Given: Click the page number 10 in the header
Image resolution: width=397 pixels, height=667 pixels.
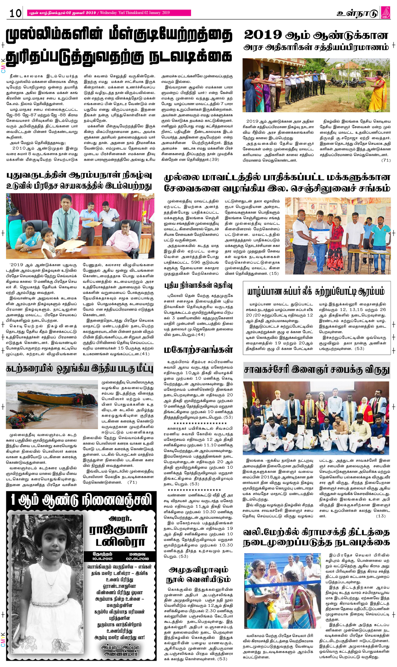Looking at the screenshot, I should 15,13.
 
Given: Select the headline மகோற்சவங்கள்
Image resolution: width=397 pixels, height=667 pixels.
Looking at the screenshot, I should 198,349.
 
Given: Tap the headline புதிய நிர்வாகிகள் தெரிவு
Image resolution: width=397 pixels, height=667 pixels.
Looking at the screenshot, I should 198,286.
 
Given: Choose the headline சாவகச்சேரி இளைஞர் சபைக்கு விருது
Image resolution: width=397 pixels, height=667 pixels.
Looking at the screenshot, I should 316,370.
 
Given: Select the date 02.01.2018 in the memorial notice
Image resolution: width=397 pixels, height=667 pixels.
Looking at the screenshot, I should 138,559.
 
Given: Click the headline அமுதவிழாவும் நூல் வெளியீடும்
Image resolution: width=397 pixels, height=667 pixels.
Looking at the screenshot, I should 198,575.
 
